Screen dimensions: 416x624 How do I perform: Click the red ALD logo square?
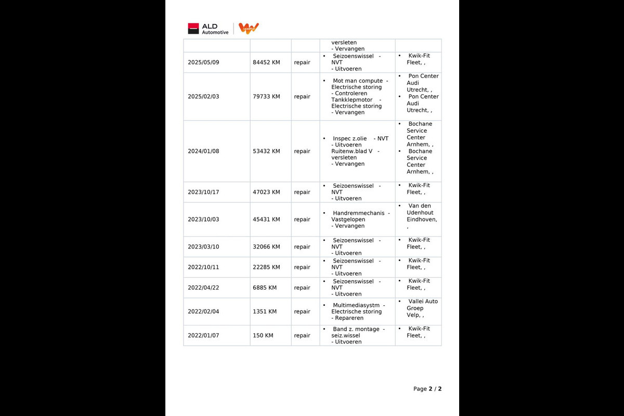coord(193,29)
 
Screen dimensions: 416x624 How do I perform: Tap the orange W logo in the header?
coord(249,28)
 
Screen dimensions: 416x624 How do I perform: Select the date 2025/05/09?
coord(203,62)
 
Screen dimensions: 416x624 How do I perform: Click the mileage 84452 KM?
coord(266,62)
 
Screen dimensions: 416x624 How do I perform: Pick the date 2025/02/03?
coord(203,97)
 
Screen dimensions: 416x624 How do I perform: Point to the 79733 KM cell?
coord(266,97)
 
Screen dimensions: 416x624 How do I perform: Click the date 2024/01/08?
coord(203,151)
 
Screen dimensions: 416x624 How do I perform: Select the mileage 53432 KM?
coord(266,151)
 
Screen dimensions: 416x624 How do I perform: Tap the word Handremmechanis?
coord(358,213)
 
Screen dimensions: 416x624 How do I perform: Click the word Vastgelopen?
coord(348,219)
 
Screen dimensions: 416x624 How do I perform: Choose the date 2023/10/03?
coord(203,219)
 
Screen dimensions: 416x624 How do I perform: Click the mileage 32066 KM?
coord(266,247)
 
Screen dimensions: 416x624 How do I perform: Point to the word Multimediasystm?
coord(357,305)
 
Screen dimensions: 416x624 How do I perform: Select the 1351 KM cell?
coord(265,311)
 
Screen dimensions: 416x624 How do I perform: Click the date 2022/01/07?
coord(203,335)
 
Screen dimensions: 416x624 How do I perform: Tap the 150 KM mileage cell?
coord(263,335)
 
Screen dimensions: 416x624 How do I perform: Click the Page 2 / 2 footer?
coord(427,389)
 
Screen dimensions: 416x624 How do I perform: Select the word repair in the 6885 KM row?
coord(302,288)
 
